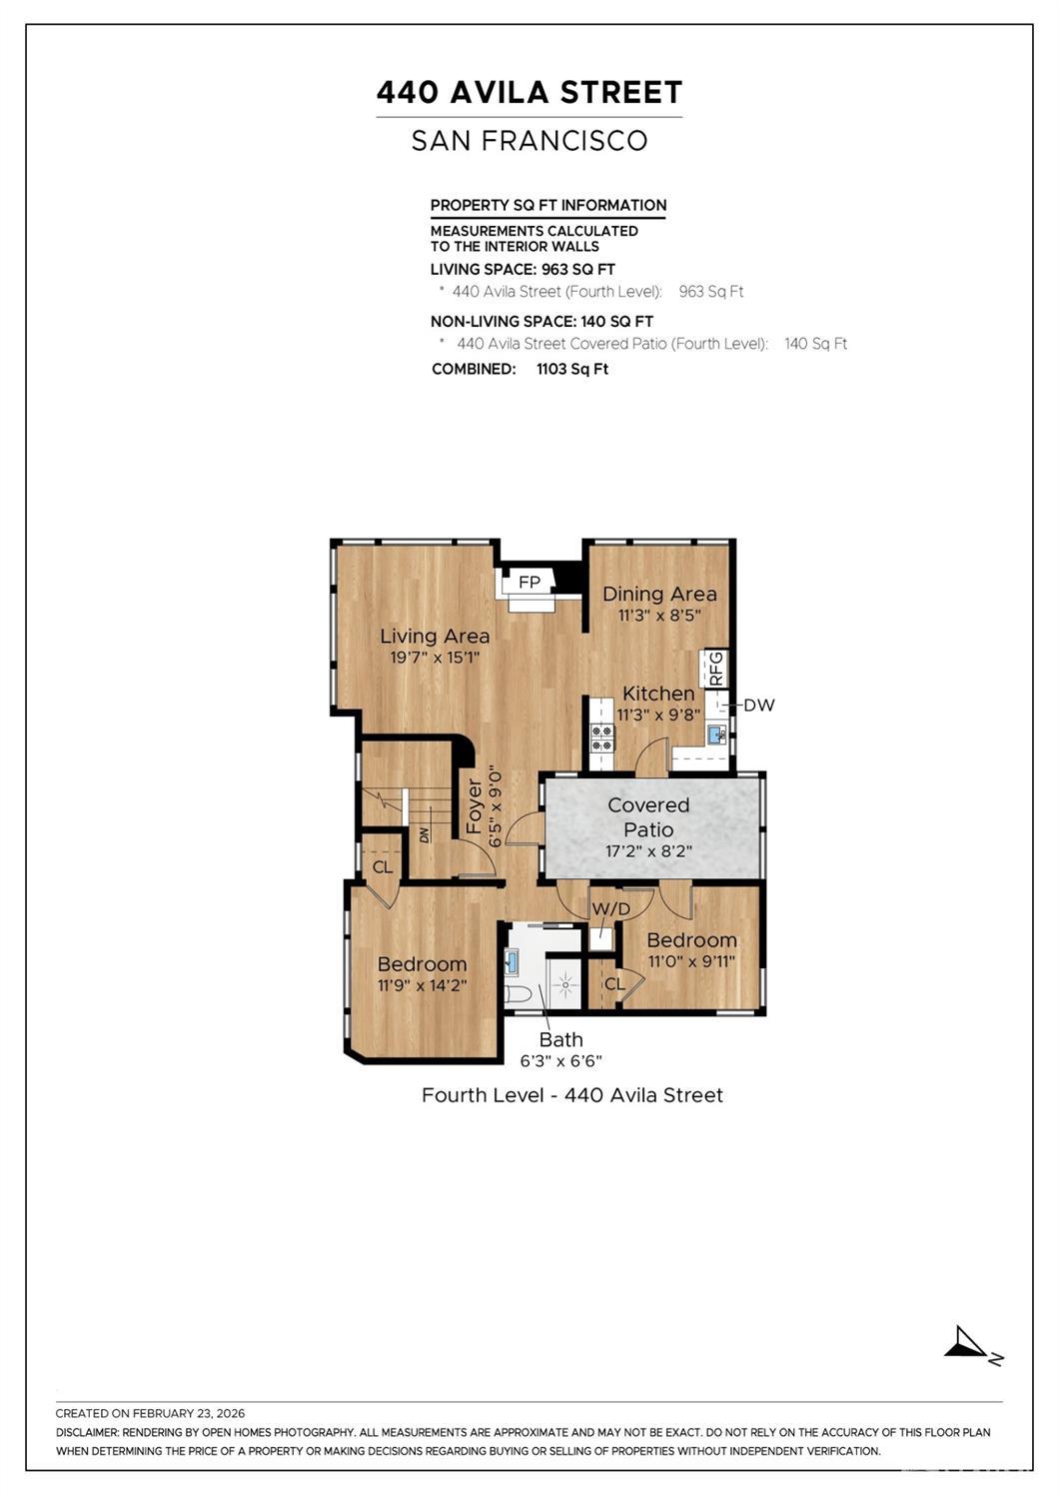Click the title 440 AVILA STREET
pyautogui.click(x=529, y=93)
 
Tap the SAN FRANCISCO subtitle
pyautogui.click(x=529, y=141)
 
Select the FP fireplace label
pyautogui.click(x=529, y=582)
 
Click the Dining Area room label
pyautogui.click(x=659, y=594)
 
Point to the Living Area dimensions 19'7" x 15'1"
pyautogui.click(x=435, y=658)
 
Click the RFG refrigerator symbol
pyautogui.click(x=715, y=668)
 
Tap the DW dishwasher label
pyautogui.click(x=759, y=705)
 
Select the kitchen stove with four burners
pyautogui.click(x=602, y=738)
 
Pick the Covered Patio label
pyautogui.click(x=648, y=816)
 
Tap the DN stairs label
pyautogui.click(x=425, y=833)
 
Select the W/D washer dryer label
pyautogui.click(x=610, y=908)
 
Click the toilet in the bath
pyautogui.click(x=519, y=994)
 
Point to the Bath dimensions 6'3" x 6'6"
pyautogui.click(x=560, y=1061)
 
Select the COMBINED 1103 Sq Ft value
pyautogui.click(x=572, y=369)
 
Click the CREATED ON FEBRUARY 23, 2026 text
pyautogui.click(x=150, y=1413)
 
